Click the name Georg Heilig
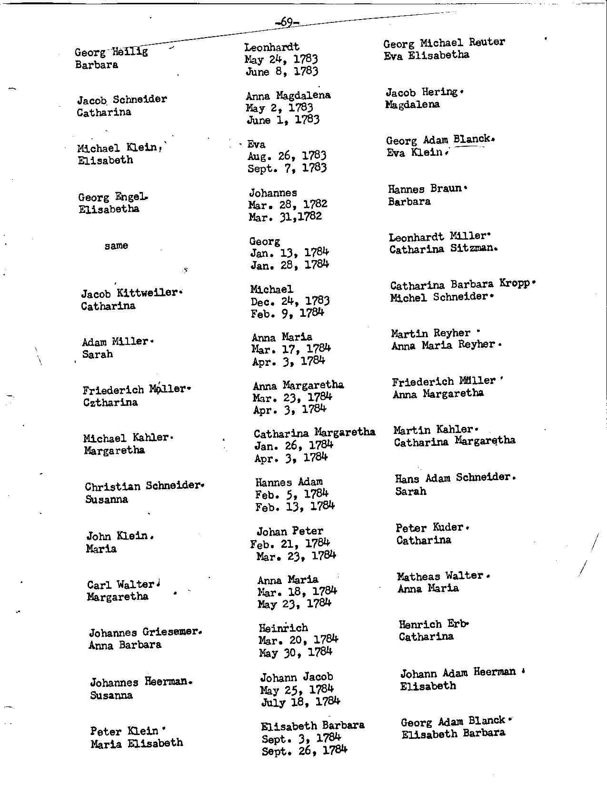[x=111, y=52]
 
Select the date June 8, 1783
[x=282, y=71]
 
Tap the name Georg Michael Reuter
[x=444, y=43]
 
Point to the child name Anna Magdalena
[x=288, y=95]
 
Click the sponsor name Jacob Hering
[x=422, y=92]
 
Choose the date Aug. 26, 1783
[x=287, y=156]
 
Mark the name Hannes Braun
[x=425, y=189]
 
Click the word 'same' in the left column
[x=116, y=246]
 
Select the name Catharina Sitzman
[x=442, y=249]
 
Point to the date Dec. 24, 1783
[x=290, y=301]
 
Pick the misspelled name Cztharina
[x=110, y=403]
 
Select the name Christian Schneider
[x=143, y=486]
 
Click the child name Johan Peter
[x=290, y=531]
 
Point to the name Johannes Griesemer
[x=143, y=633]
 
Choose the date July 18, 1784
[x=300, y=702]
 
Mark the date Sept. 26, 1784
[x=304, y=751]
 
